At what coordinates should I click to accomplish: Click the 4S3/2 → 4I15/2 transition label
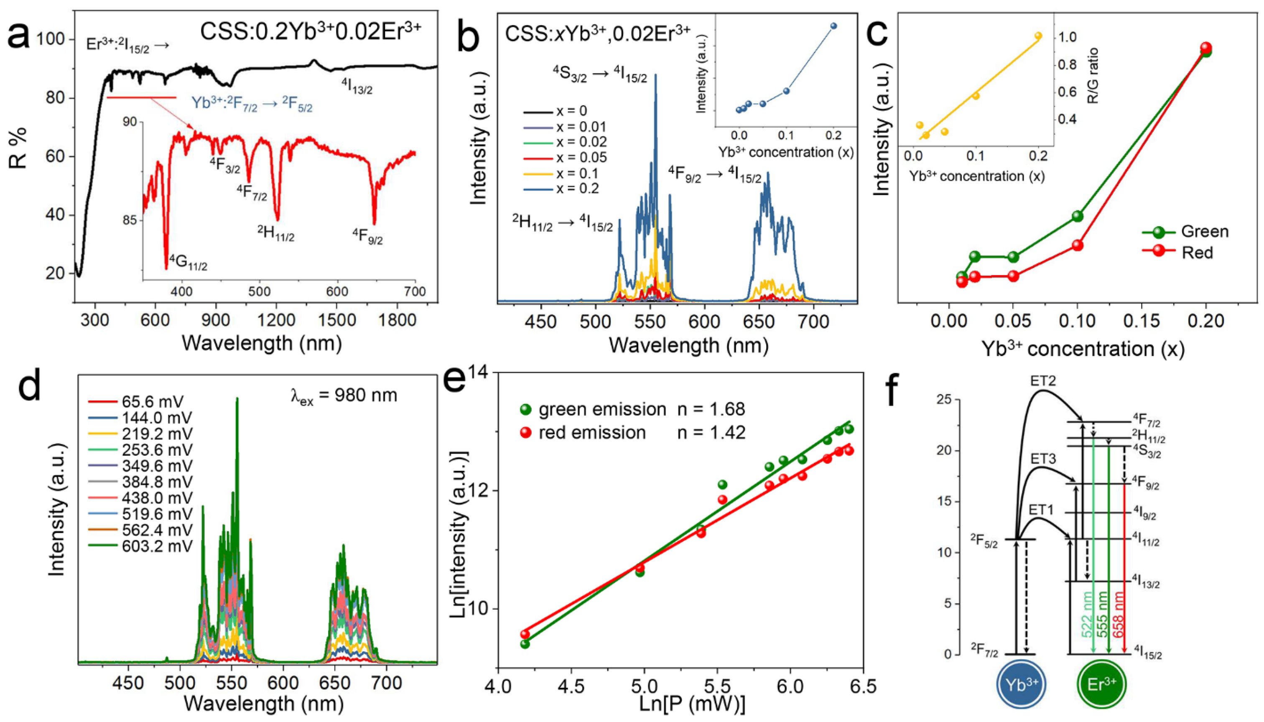[600, 74]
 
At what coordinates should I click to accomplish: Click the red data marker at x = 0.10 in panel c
[1077, 245]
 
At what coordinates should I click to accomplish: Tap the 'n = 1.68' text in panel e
[711, 409]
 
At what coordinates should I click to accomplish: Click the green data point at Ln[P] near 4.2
[525, 644]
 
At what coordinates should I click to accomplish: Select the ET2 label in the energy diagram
[1042, 381]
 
